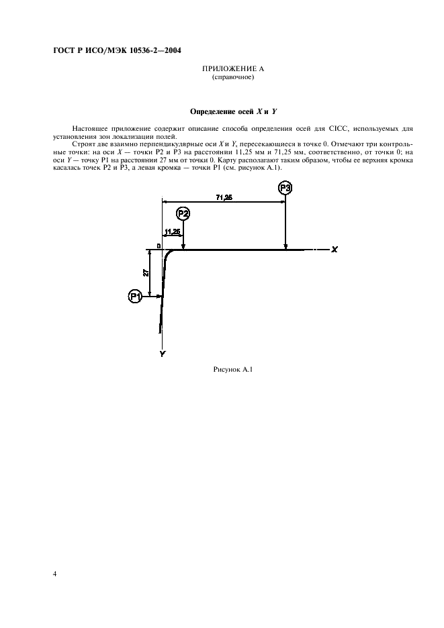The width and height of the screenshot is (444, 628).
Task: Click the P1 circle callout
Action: [135, 295]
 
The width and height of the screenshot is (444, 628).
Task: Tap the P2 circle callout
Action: [183, 213]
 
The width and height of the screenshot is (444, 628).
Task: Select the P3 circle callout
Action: [285, 189]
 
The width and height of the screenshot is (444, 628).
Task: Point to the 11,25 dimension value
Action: [172, 231]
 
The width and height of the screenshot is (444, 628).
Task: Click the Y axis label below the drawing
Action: [162, 353]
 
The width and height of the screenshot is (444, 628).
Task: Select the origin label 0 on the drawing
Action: [159, 246]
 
